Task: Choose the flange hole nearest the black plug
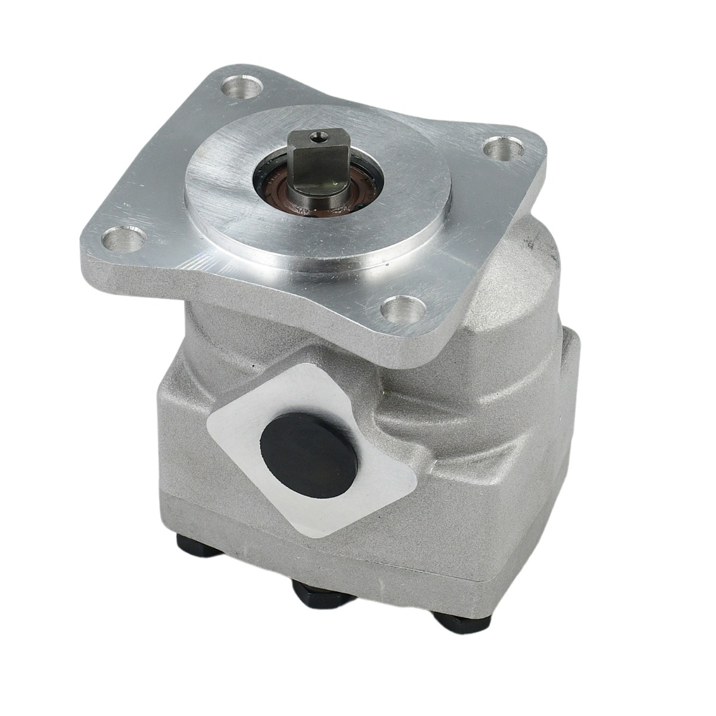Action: (x=398, y=311)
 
